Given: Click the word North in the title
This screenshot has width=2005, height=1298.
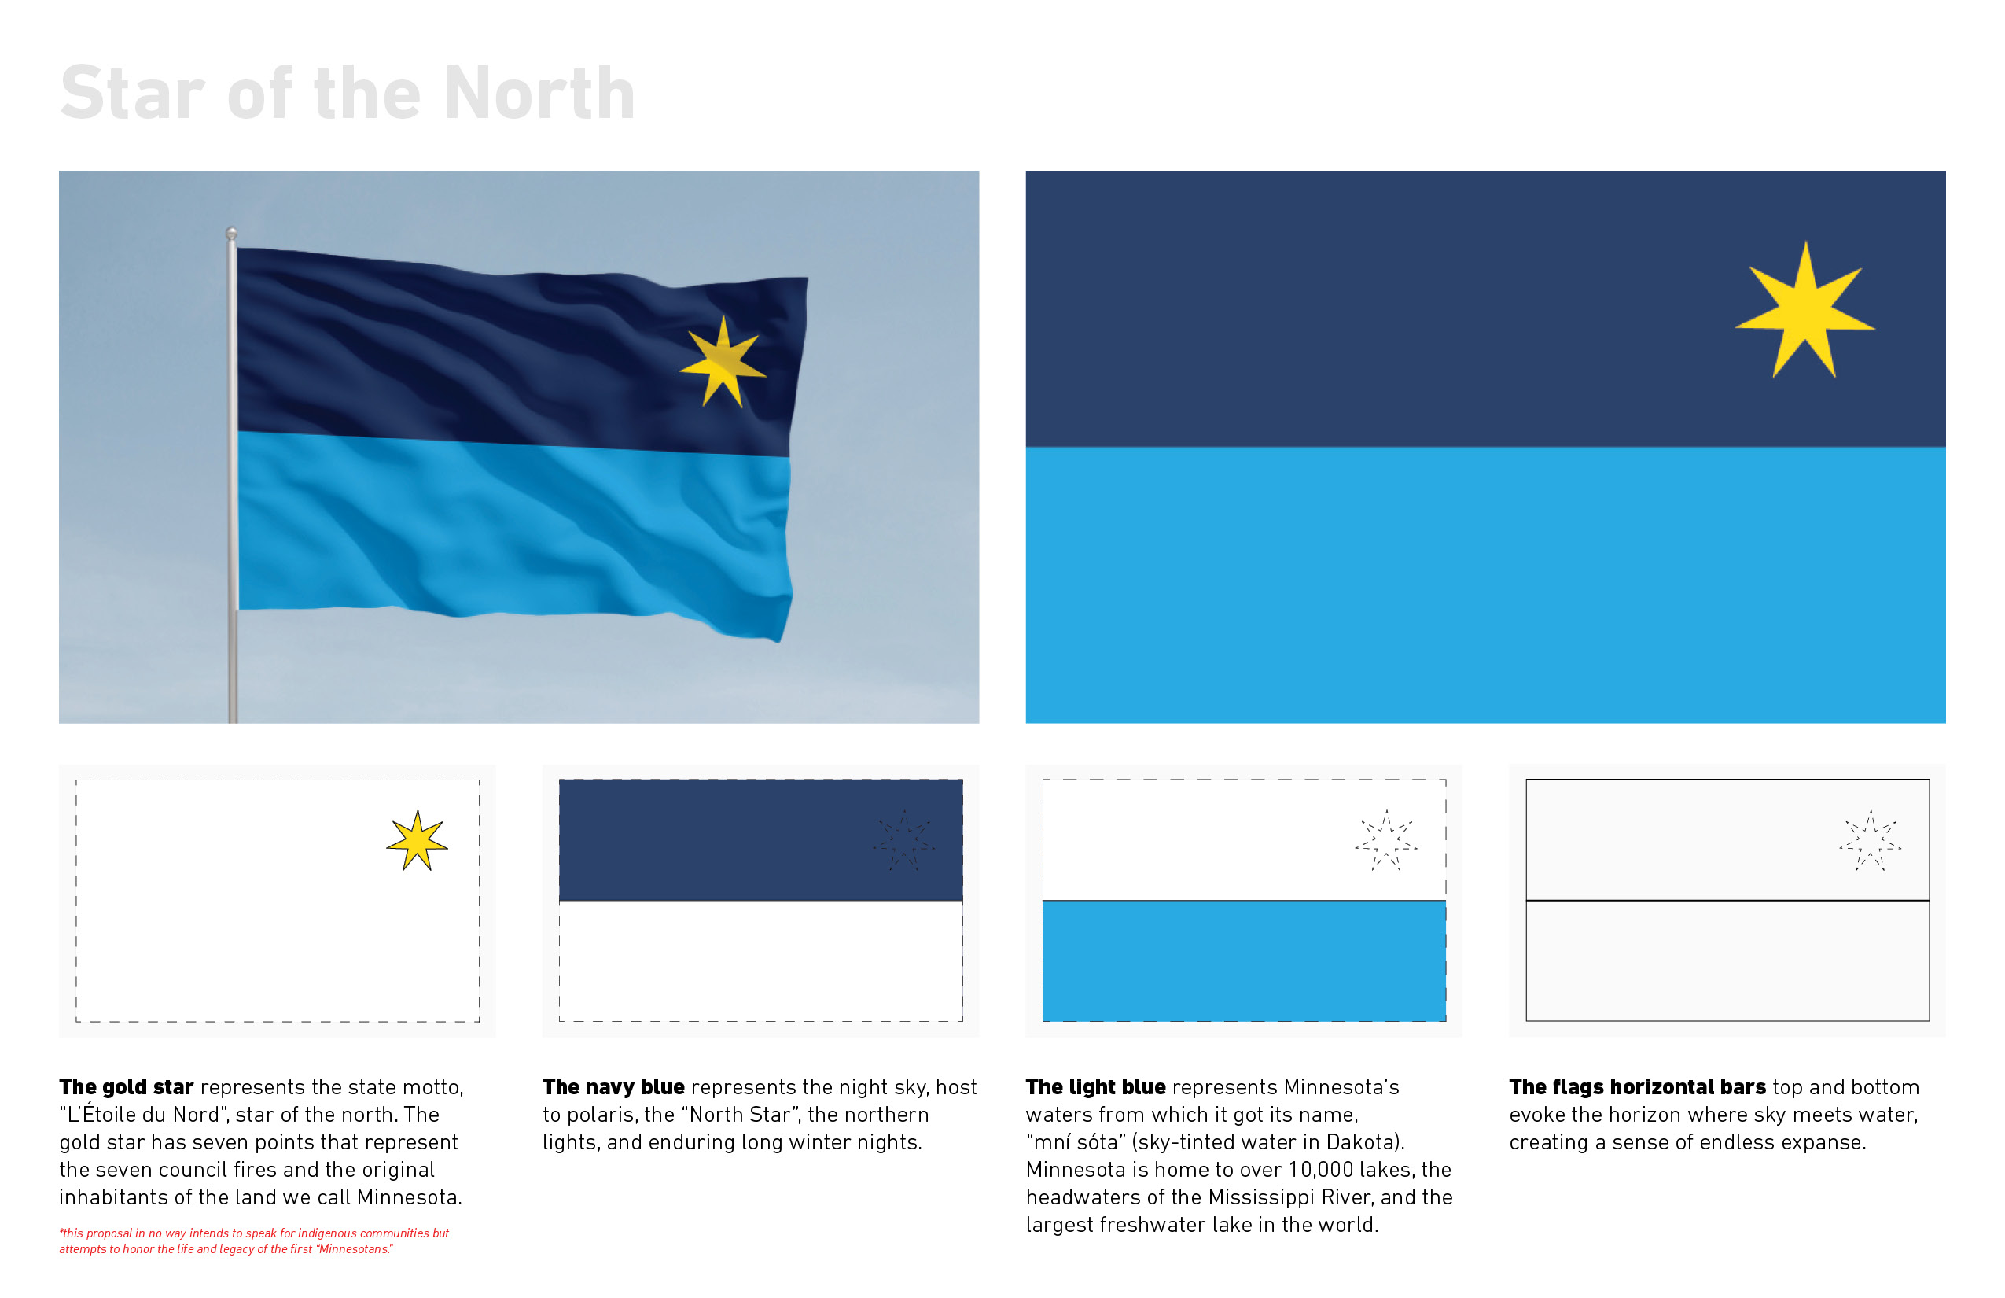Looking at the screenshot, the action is click(x=539, y=93).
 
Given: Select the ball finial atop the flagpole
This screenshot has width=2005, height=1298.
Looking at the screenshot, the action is click(x=231, y=233).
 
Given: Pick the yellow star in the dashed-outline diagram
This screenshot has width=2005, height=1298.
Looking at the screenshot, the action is click(x=417, y=841).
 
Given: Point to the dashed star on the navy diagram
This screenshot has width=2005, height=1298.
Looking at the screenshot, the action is click(x=904, y=841).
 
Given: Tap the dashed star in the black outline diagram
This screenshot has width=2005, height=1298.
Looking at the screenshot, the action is click(x=1871, y=841).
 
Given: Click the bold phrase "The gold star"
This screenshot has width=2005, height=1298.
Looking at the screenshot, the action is click(x=127, y=1087).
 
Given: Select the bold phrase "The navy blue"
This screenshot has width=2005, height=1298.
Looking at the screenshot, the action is click(x=613, y=1087).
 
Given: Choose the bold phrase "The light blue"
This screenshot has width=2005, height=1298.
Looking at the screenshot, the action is click(x=1096, y=1087).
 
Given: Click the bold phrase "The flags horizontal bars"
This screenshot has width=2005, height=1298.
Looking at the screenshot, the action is click(x=1638, y=1087).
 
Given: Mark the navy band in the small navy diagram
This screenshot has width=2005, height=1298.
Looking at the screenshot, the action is click(x=761, y=840).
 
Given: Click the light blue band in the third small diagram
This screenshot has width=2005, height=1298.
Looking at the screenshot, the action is click(x=1244, y=961).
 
